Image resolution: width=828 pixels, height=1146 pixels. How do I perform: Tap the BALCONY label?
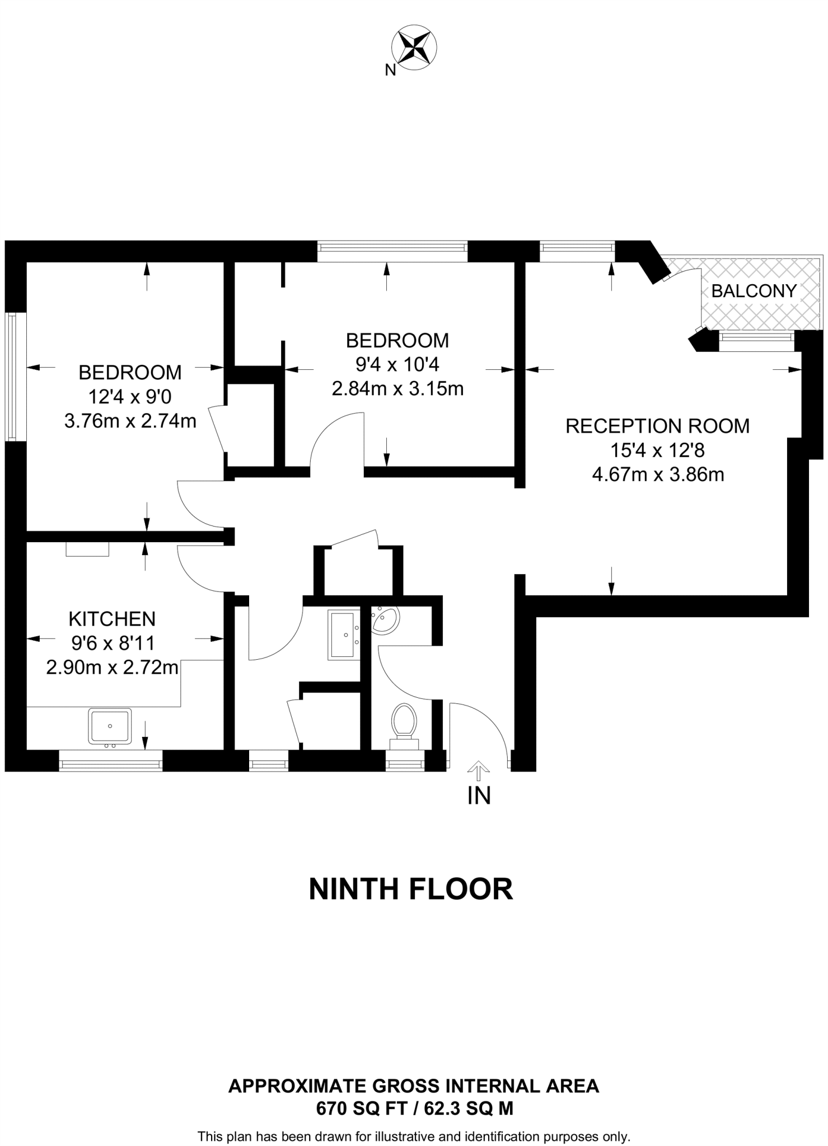(754, 291)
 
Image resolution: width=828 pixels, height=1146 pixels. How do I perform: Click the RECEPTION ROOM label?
(657, 426)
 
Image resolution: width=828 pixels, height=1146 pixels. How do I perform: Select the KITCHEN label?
(112, 619)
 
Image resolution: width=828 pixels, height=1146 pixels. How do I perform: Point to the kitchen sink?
(110, 726)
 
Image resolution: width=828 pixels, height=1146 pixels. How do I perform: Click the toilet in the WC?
(404, 723)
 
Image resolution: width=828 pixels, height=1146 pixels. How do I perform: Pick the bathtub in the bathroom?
(342, 635)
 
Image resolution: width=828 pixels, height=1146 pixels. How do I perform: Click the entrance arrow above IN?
(478, 771)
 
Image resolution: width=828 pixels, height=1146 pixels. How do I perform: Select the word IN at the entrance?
(479, 795)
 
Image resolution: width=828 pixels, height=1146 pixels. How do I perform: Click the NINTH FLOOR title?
(411, 889)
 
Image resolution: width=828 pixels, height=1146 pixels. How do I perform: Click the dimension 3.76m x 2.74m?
(130, 421)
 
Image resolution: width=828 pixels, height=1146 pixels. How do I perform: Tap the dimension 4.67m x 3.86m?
(658, 475)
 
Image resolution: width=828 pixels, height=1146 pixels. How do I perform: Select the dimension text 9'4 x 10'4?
(397, 364)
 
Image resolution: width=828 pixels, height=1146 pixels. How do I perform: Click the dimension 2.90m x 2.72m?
(112, 668)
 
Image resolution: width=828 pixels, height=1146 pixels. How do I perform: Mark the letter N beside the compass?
(390, 70)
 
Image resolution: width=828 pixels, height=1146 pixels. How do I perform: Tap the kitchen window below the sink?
(111, 761)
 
